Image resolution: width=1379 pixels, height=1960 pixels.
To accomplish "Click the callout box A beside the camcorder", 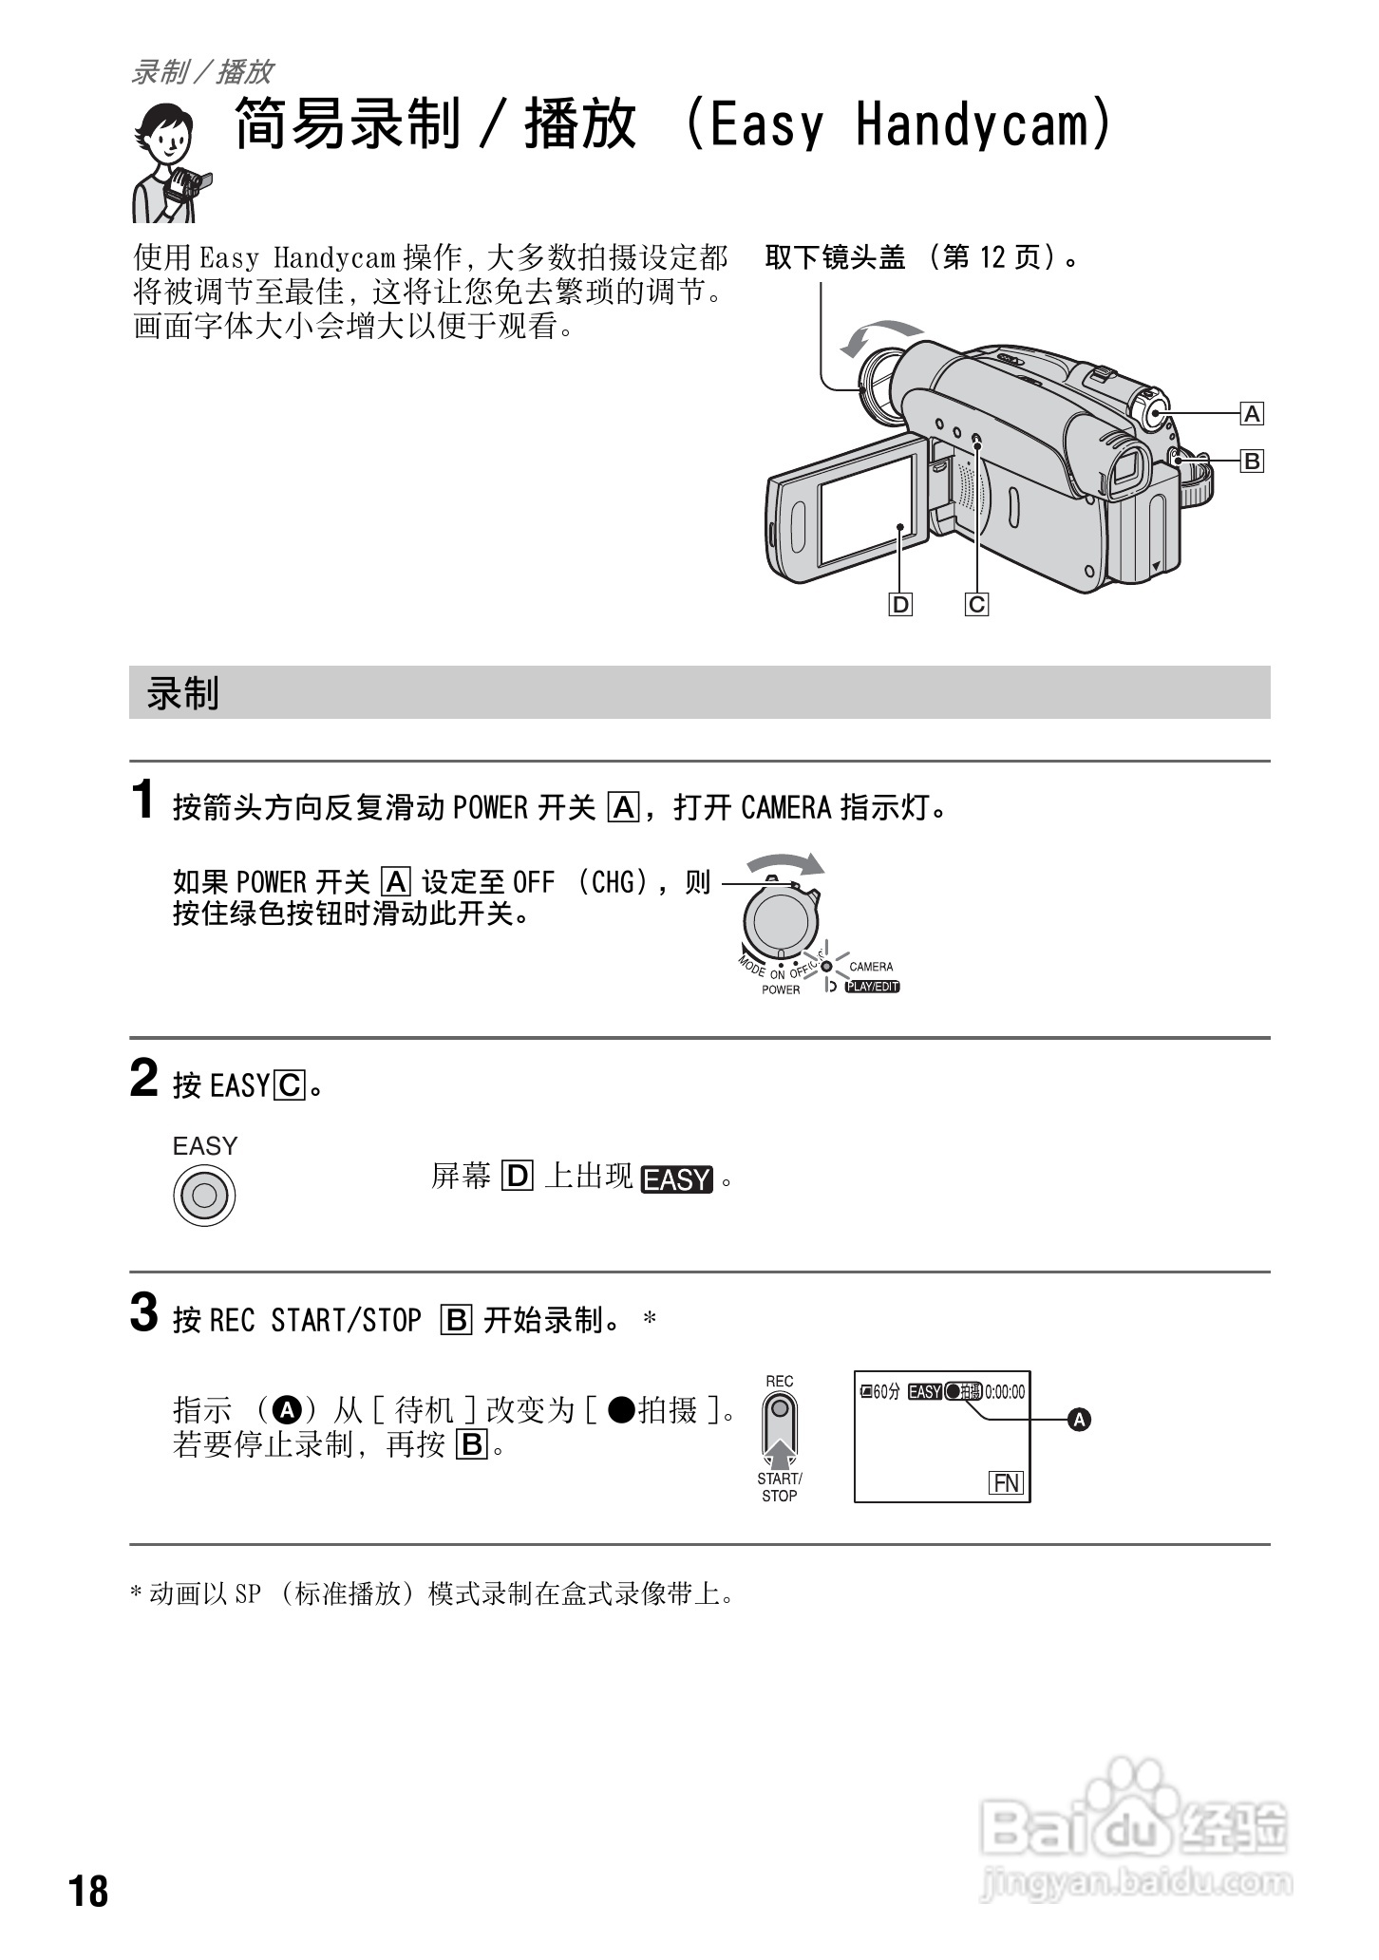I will [x=1252, y=414].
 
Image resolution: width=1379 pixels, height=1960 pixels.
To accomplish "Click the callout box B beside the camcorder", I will [x=1252, y=462].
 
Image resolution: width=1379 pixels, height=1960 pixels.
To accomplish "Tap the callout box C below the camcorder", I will [x=976, y=604].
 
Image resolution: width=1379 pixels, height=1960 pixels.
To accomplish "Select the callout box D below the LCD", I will [x=899, y=604].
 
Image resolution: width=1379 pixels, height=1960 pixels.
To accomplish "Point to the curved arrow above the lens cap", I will [x=878, y=335].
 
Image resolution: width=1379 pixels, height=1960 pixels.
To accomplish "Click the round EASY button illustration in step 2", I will [x=204, y=1195].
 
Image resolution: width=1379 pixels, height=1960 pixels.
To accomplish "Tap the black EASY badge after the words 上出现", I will [x=676, y=1179].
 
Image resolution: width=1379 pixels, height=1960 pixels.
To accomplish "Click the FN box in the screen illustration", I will [x=1006, y=1483].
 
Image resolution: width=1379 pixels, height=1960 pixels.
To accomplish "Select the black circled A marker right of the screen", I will [x=1079, y=1421].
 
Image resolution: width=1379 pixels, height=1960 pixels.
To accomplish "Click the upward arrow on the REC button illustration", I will [x=779, y=1453].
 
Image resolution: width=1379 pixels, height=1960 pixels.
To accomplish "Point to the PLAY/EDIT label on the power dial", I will [x=872, y=987].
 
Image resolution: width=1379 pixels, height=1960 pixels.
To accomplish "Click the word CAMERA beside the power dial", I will [x=871, y=967].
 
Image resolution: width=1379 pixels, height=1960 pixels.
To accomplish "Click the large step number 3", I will [x=143, y=1314].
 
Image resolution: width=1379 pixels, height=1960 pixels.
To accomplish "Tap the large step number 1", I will [x=143, y=801].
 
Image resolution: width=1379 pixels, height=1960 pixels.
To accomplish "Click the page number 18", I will [x=88, y=1891].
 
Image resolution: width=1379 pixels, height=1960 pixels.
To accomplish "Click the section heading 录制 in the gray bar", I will [x=182, y=693].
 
